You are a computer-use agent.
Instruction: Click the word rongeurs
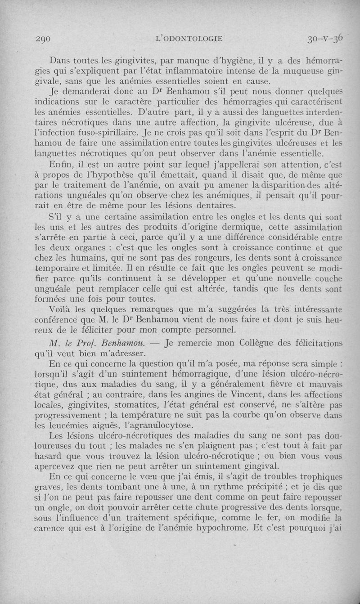pos(190,258)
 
